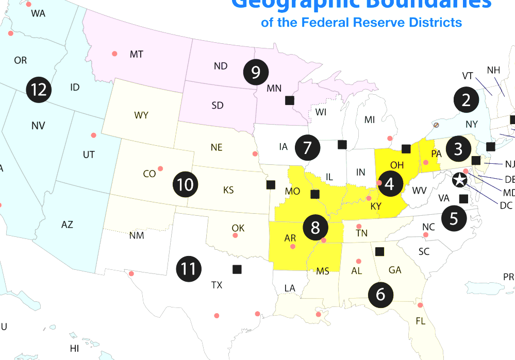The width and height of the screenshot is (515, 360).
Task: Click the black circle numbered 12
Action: click(x=39, y=90)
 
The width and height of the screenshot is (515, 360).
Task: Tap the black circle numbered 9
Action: click(x=255, y=73)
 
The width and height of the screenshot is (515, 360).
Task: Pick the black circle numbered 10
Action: click(x=185, y=184)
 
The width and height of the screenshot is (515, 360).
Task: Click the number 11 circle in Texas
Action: click(x=188, y=268)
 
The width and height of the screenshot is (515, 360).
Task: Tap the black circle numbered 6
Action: click(x=380, y=294)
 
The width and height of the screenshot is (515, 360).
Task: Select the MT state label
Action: click(x=136, y=54)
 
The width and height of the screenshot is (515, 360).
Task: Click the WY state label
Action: click(x=141, y=115)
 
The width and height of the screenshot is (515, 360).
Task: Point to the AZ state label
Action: click(x=67, y=225)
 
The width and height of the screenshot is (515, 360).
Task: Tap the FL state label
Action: click(x=421, y=321)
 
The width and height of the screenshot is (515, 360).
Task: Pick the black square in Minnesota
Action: click(x=290, y=100)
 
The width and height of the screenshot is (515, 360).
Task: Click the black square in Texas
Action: click(x=237, y=269)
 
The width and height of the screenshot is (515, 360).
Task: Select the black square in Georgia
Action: click(x=380, y=251)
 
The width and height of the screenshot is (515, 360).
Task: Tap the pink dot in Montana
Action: click(x=114, y=54)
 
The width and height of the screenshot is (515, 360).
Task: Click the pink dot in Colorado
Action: click(x=160, y=168)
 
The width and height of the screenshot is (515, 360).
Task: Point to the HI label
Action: click(x=75, y=349)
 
